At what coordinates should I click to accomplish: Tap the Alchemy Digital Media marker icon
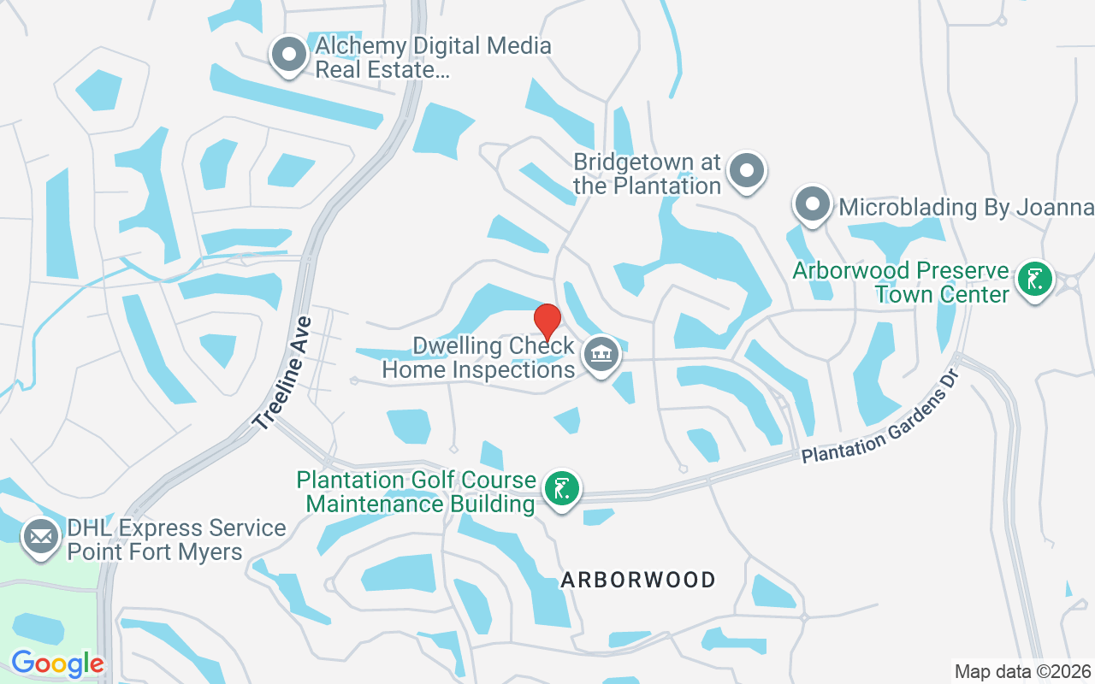(x=289, y=55)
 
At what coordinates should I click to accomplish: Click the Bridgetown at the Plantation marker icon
(x=747, y=171)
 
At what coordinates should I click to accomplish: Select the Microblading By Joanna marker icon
(x=812, y=205)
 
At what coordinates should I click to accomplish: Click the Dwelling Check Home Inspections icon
(x=601, y=354)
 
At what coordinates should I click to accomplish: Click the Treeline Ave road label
(x=281, y=373)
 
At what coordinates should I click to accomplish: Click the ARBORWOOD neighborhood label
(x=638, y=580)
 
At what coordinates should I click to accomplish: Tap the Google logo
(x=57, y=663)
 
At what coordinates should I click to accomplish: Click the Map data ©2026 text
(x=1022, y=671)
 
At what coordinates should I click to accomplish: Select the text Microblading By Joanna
(x=967, y=207)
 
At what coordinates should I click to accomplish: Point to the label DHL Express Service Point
(x=176, y=540)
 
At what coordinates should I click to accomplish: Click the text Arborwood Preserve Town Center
(x=901, y=282)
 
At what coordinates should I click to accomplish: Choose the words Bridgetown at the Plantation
(x=648, y=174)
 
